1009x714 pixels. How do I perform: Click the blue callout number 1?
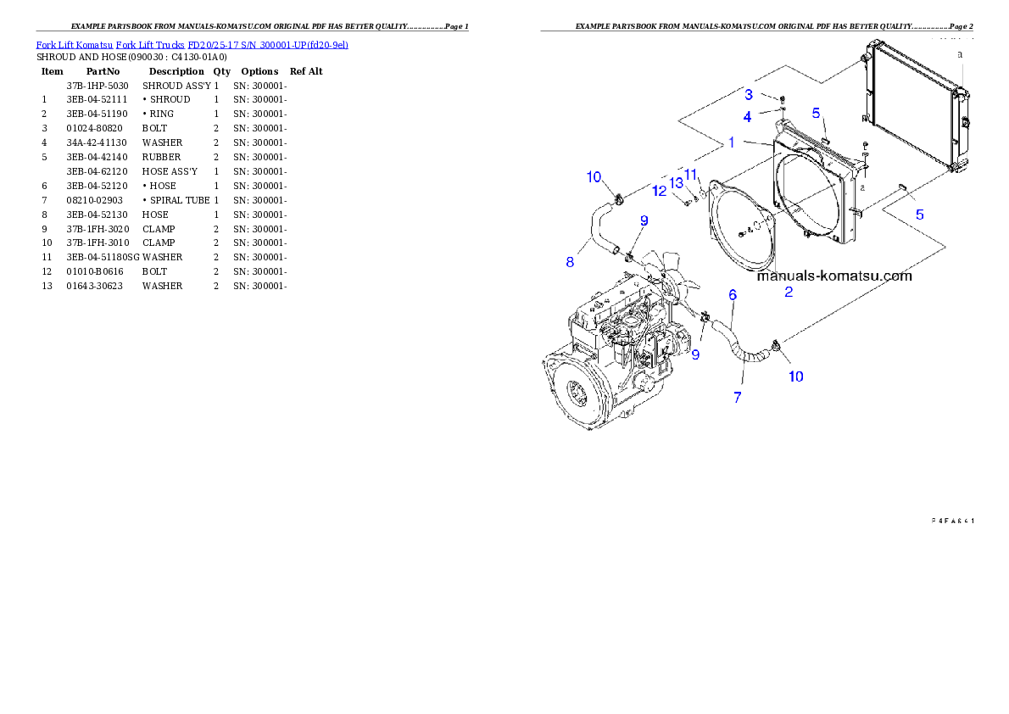click(x=731, y=143)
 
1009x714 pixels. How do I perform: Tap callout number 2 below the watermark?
click(x=789, y=293)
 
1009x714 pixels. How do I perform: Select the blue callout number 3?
click(x=749, y=93)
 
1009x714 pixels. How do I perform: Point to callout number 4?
click(x=748, y=116)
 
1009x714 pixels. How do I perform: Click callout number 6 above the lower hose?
click(x=733, y=295)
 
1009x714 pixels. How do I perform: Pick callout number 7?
click(x=738, y=397)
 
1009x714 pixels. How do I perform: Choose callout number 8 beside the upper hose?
click(x=570, y=262)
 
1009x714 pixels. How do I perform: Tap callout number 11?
click(x=691, y=175)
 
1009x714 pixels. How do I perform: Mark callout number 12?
click(x=660, y=192)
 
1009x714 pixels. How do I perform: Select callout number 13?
click(x=676, y=183)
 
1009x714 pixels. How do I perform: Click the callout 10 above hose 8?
click(x=594, y=176)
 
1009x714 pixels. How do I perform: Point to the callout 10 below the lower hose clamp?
click(x=796, y=376)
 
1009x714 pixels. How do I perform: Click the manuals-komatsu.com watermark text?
click(x=834, y=276)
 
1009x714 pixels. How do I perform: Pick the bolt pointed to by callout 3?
click(x=782, y=99)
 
